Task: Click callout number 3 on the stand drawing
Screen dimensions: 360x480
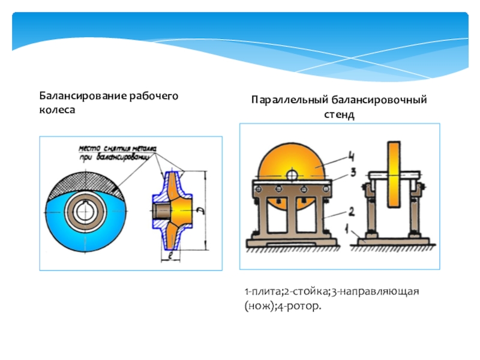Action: (353, 172)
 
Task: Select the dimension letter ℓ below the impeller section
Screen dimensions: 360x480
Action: (172, 256)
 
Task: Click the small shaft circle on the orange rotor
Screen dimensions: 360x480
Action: (292, 175)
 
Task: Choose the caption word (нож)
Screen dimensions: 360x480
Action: (257, 307)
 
